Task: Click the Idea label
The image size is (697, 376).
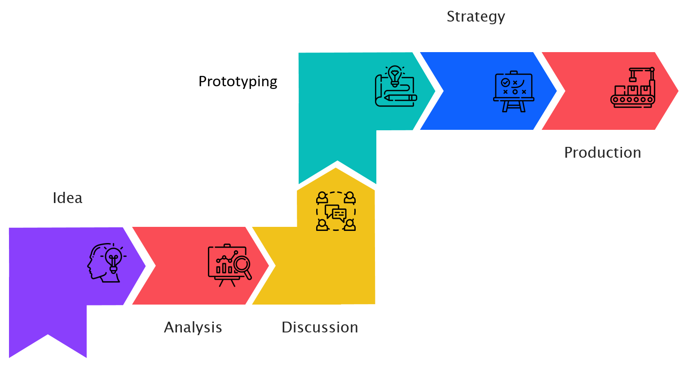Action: pyautogui.click(x=67, y=198)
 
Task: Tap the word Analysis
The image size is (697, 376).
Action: pyautogui.click(x=193, y=327)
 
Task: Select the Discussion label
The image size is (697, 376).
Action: pyautogui.click(x=320, y=327)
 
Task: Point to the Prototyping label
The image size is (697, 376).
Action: pyautogui.click(x=238, y=82)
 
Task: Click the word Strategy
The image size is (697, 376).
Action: pyautogui.click(x=476, y=17)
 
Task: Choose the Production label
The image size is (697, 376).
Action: pyautogui.click(x=602, y=153)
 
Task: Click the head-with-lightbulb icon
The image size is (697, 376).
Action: pyautogui.click(x=106, y=263)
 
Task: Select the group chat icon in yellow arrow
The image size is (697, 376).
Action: pyautogui.click(x=336, y=211)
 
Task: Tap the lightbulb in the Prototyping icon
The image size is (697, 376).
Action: pyautogui.click(x=395, y=75)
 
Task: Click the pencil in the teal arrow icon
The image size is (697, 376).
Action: pyautogui.click(x=400, y=97)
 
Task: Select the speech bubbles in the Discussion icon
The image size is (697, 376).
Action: pyautogui.click(x=336, y=212)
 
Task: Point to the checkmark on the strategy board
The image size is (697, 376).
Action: pyautogui.click(x=505, y=83)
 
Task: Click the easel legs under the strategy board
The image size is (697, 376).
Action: pyautogui.click(x=514, y=106)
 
